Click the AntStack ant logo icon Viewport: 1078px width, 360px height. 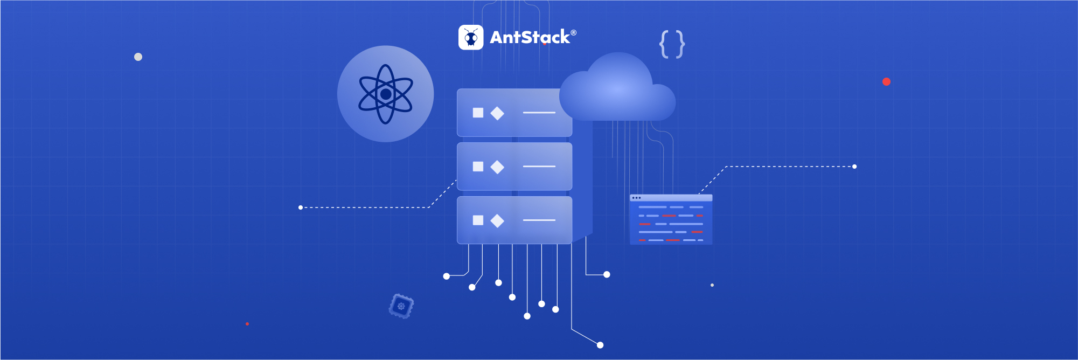point(471,38)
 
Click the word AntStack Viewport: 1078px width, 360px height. point(530,37)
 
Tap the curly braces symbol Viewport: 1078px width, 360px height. point(672,44)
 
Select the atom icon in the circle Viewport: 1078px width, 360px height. point(386,94)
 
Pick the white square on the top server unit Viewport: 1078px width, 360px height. point(478,113)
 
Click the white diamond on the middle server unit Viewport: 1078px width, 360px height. point(497,167)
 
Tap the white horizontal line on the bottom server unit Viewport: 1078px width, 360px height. point(539,220)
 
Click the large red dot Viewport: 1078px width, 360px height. point(886,82)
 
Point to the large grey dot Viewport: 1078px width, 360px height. point(138,57)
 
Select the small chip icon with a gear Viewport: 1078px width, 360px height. point(401,306)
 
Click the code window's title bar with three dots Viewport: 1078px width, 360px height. point(671,198)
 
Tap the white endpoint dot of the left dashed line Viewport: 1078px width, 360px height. point(301,207)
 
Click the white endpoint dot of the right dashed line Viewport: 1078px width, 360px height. point(854,167)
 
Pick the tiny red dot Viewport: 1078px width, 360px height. point(247,324)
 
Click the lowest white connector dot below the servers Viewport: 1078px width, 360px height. point(600,345)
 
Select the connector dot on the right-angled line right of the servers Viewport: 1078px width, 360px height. point(607,275)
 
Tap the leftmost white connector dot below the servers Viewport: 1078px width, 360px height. point(446,276)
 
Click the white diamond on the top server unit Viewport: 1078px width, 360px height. point(497,113)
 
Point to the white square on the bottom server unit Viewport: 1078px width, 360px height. point(478,220)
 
